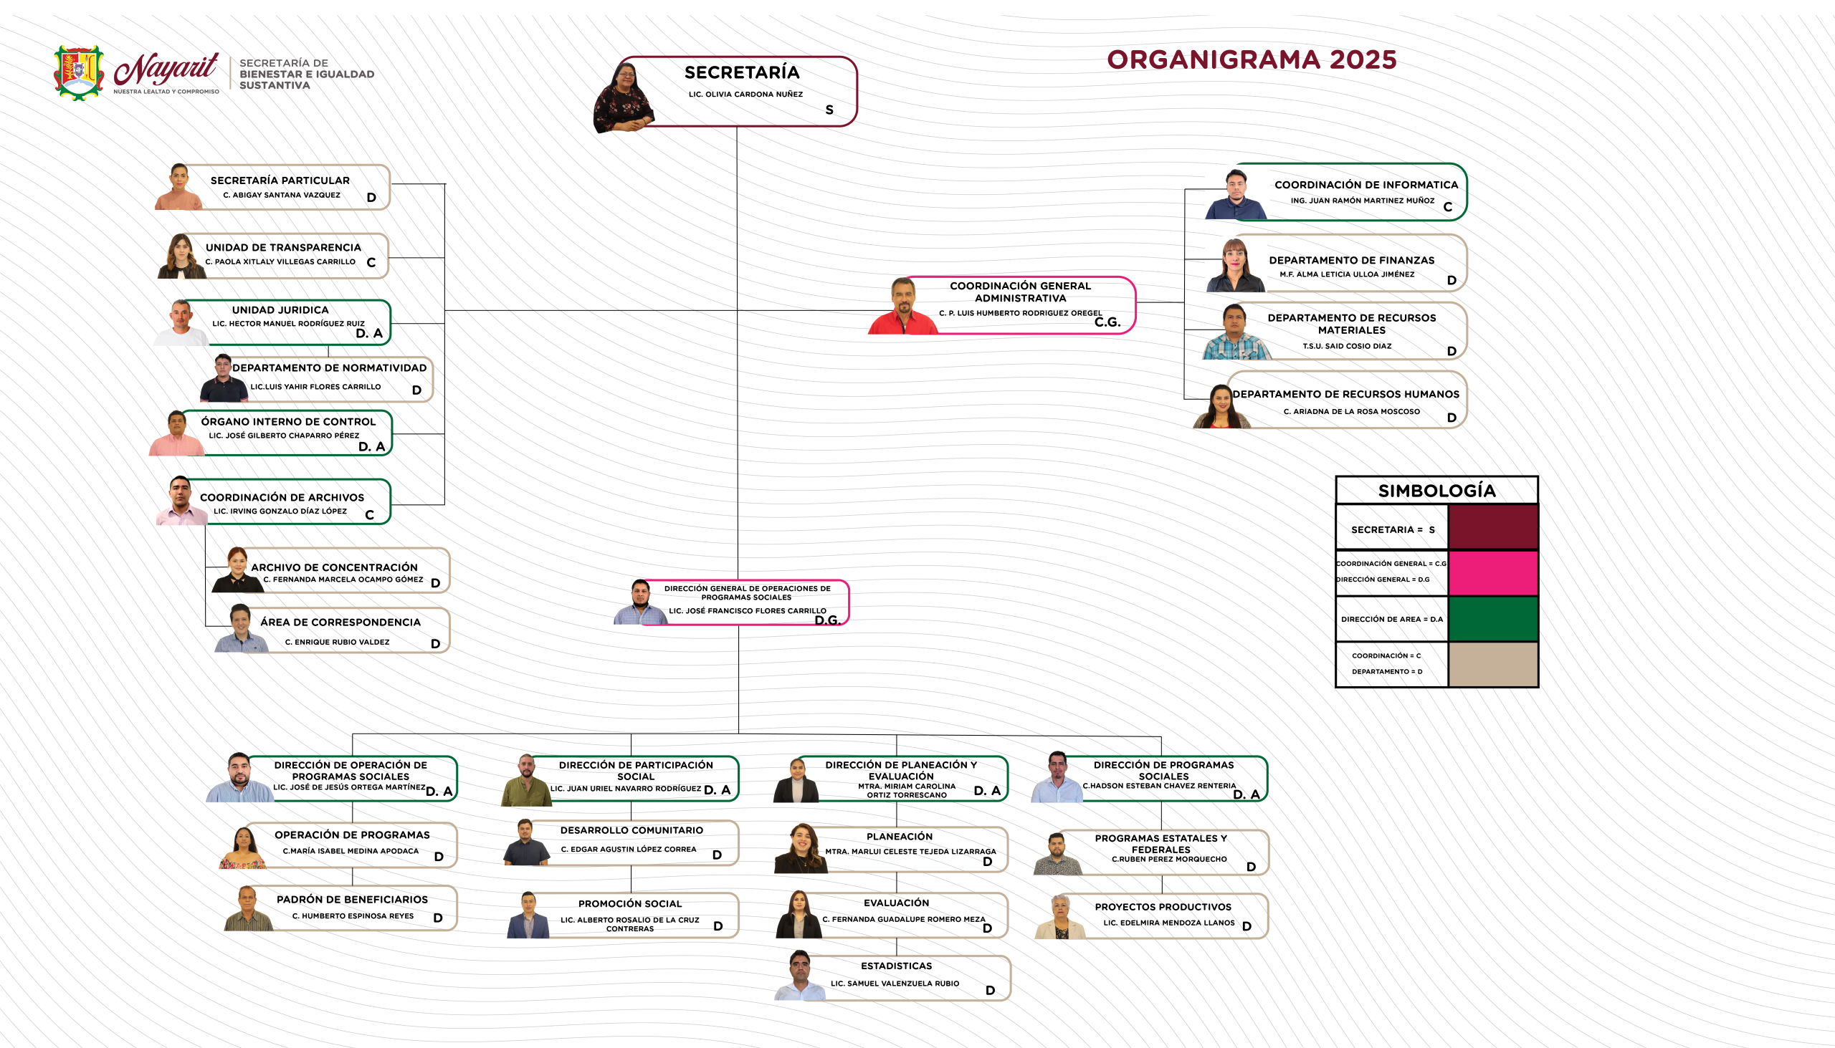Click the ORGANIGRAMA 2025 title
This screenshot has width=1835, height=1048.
point(1252,59)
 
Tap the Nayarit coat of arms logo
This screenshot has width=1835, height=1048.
point(80,72)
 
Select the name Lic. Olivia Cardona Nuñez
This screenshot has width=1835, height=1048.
point(745,95)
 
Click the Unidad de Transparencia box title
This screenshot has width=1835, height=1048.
point(283,248)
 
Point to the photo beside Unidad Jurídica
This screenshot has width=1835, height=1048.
point(181,322)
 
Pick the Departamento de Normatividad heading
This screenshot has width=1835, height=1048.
point(329,367)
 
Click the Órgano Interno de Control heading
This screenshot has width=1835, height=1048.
point(288,422)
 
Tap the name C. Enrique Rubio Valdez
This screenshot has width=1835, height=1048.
point(337,642)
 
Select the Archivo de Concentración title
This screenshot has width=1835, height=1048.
point(334,567)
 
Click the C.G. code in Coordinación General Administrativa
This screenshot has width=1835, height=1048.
point(1107,322)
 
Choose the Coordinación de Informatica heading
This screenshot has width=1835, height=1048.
point(1366,185)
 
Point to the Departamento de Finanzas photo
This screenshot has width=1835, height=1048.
point(1235,265)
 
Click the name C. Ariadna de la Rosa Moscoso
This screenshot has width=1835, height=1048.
point(1351,412)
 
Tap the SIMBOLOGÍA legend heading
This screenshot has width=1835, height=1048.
point(1436,491)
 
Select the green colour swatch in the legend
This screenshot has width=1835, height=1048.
point(1493,618)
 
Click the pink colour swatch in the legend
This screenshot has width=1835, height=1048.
point(1493,574)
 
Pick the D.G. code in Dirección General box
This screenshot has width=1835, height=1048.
point(827,620)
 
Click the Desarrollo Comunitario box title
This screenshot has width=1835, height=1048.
point(631,830)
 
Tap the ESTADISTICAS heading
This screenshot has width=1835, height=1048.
point(896,966)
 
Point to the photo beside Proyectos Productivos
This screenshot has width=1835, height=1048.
point(1059,917)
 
